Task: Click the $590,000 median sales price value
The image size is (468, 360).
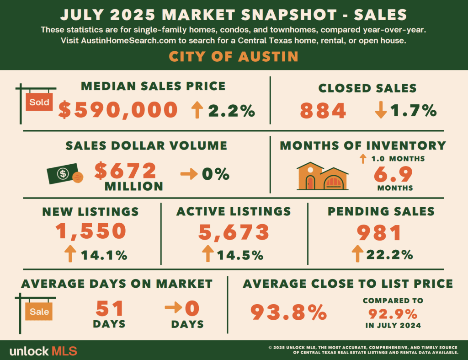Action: coord(118,110)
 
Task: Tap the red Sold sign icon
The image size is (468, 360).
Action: coord(39,102)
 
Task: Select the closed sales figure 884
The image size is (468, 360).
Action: coord(323,111)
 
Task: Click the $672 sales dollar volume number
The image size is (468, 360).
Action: coord(126,171)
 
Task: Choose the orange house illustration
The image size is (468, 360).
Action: coord(322,176)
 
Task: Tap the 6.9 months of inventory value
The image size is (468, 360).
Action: coord(393,174)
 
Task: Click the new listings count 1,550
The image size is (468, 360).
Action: coord(91,231)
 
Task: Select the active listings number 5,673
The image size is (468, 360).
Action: coord(234,232)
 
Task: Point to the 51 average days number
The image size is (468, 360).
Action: coord(110,308)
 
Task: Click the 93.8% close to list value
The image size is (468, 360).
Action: coord(289,313)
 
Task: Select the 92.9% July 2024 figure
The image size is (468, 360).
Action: coord(393,314)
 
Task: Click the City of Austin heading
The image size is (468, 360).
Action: coord(234,57)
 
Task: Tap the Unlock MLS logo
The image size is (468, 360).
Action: coord(43,351)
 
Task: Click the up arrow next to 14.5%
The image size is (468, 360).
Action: coord(207,254)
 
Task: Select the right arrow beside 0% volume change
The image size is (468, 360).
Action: coord(187,174)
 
